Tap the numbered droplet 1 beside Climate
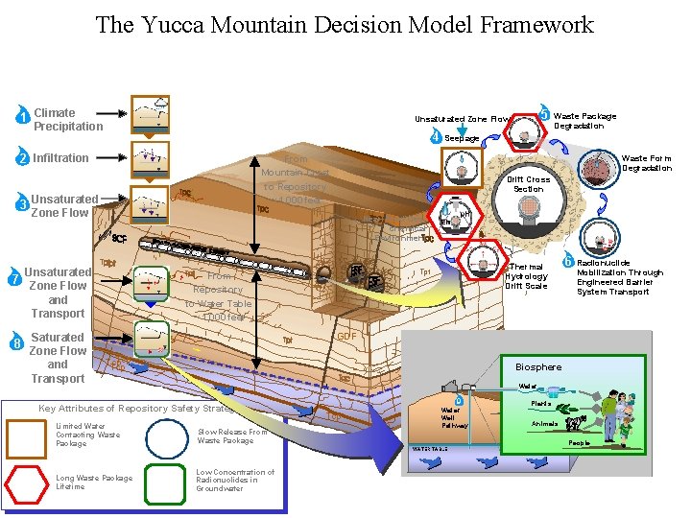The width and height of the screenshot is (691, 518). (x=22, y=118)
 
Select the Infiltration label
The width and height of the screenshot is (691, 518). (x=60, y=158)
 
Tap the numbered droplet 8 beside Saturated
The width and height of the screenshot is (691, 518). (x=17, y=342)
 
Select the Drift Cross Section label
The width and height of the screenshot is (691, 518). (x=528, y=184)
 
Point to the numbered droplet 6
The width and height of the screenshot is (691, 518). (x=568, y=261)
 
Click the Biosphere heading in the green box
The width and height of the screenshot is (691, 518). (x=538, y=367)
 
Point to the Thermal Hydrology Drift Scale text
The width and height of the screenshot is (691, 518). (x=526, y=276)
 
